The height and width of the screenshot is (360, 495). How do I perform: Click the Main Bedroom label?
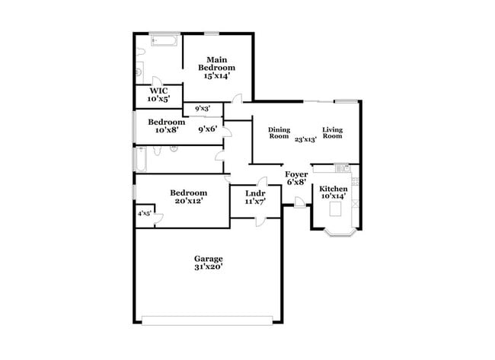point(216,63)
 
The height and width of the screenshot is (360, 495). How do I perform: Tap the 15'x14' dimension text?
point(216,75)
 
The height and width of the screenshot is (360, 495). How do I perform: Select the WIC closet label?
point(159,91)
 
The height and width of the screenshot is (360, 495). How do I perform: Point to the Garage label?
point(209,259)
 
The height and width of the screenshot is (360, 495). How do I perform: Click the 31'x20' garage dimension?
point(209,267)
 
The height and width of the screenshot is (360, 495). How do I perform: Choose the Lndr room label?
point(255,193)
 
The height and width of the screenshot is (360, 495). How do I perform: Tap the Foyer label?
point(296,174)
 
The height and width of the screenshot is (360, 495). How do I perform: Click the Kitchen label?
point(334,189)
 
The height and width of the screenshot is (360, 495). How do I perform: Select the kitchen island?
point(335,209)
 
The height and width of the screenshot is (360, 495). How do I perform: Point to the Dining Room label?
point(279,133)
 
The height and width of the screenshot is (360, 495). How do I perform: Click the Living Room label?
point(333,133)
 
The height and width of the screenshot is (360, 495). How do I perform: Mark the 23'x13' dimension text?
point(305,139)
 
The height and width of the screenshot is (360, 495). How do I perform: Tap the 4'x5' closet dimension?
point(144,214)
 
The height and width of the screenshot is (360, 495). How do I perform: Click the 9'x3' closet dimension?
point(203,109)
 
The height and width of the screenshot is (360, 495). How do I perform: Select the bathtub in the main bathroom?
point(164,40)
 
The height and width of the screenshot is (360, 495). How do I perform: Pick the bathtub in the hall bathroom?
point(141,160)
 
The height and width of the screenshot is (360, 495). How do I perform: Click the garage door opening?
point(207,320)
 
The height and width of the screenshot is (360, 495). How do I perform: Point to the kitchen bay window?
point(340,233)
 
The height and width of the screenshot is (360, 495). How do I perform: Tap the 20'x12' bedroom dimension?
point(188,201)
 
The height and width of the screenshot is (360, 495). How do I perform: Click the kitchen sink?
point(342,168)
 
